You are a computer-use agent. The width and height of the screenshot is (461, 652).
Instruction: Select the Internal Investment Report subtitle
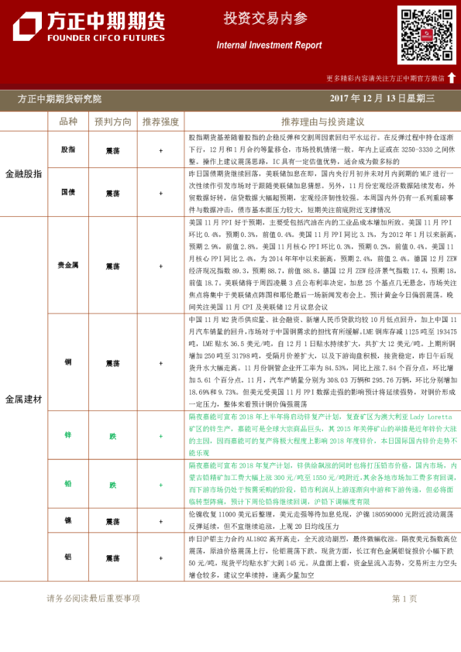tap(269, 46)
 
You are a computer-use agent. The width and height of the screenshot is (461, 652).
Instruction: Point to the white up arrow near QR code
tap(452, 77)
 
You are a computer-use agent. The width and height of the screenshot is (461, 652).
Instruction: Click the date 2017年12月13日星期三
tap(383, 99)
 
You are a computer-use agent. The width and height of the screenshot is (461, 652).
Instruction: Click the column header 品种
tap(68, 122)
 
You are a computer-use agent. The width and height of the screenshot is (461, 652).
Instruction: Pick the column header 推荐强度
tap(160, 122)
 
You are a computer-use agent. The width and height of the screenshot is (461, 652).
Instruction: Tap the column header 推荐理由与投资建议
tap(323, 122)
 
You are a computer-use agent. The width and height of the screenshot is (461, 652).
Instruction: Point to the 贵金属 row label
tap(68, 266)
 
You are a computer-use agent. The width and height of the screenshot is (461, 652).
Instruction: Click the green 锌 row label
tap(68, 436)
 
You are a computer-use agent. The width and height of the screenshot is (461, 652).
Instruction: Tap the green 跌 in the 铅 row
tap(112, 485)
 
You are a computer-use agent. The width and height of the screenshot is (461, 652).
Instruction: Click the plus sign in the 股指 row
tap(160, 149)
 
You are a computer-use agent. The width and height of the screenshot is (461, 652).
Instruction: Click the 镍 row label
tap(68, 520)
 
